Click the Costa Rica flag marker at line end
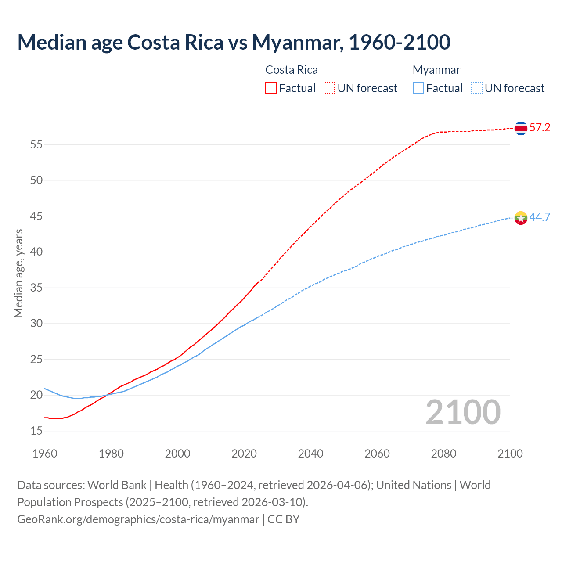coord(521,128)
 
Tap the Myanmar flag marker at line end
coord(521,217)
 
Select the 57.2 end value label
coord(540,128)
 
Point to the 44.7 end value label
coord(540,217)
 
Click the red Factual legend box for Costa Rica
coord(271,88)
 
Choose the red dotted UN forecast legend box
coord(329,88)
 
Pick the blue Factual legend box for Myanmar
coord(418,88)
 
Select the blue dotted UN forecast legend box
coord(477,88)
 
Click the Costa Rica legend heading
coord(292,70)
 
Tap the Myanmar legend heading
coord(436,70)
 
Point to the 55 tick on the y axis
coord(36,144)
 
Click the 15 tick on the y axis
coord(36,431)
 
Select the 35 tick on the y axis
coord(36,288)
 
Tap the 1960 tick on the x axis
coord(45,454)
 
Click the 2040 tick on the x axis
coord(310,454)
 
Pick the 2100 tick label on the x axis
coord(510,454)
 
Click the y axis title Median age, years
coord(18,273)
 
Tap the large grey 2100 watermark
coord(463,412)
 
